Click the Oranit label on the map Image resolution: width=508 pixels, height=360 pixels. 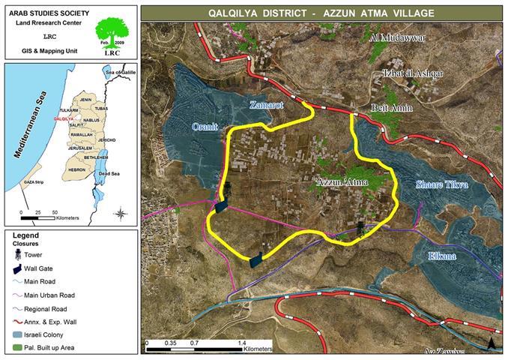pos(205,127)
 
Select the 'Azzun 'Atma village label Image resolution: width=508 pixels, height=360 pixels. pos(340,182)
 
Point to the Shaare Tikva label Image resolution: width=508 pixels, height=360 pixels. pos(442,184)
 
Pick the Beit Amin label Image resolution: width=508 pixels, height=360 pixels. pos(392,108)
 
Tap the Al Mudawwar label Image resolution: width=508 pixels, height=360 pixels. pos(398,37)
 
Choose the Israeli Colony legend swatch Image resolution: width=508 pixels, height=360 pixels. pos(16,334)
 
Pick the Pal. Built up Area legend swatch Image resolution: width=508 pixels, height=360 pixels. pos(16,346)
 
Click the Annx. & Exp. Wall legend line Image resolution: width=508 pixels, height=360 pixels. pos(16,320)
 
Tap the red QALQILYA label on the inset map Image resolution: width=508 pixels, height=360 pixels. pos(63,118)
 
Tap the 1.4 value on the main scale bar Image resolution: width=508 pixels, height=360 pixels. pos(242,343)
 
